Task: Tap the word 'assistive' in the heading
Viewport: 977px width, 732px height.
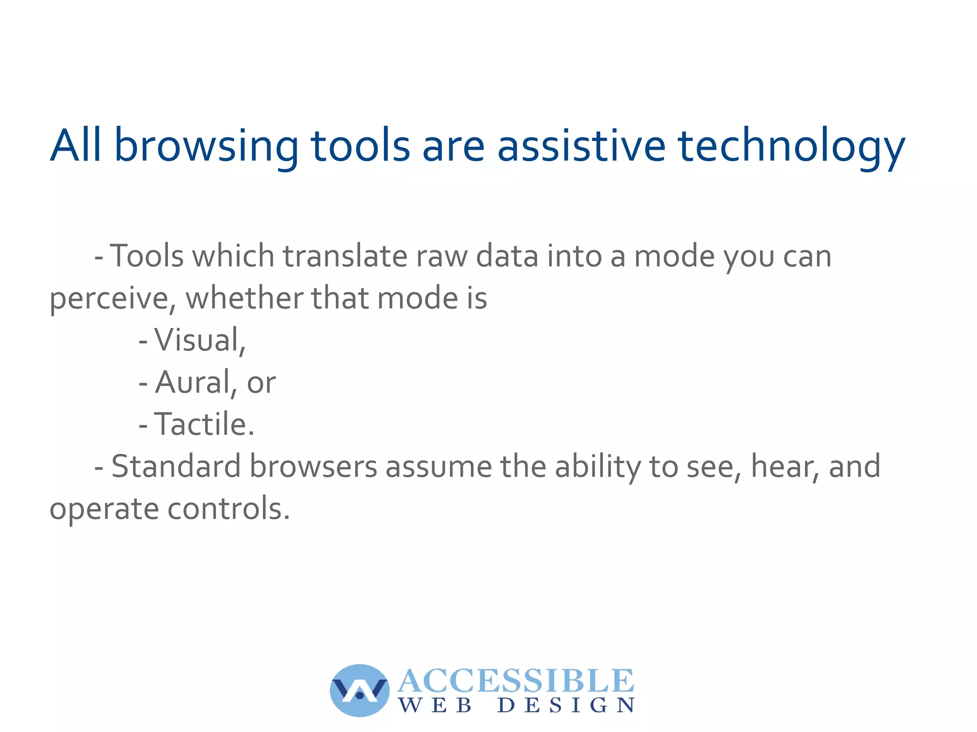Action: tap(581, 145)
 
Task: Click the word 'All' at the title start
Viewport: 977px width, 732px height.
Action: tap(75, 145)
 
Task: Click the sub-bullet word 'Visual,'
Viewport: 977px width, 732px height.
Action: tap(199, 340)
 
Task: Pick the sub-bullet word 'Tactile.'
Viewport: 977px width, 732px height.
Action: tap(204, 424)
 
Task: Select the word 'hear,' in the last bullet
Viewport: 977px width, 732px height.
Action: tap(786, 466)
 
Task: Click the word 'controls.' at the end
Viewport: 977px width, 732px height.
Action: tap(229, 508)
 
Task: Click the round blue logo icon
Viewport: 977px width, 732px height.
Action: tap(360, 690)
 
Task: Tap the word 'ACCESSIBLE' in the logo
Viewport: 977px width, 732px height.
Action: tap(516, 680)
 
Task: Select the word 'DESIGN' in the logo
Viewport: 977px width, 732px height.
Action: tap(566, 705)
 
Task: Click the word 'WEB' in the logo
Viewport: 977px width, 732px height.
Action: tap(435, 705)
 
